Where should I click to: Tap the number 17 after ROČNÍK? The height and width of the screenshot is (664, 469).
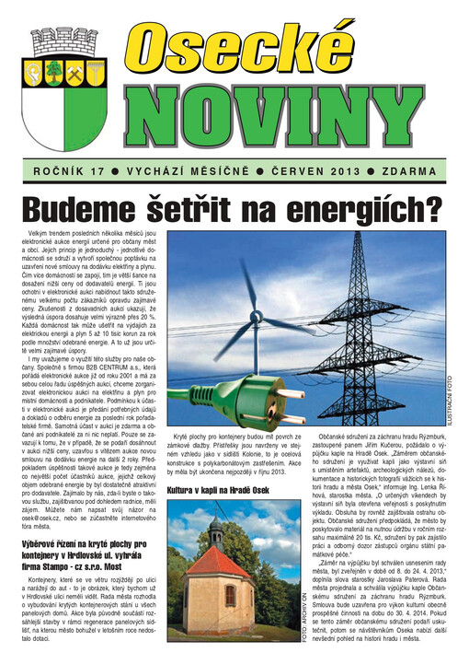click(98, 171)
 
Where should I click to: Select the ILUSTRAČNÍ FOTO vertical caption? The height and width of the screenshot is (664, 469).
click(449, 396)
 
